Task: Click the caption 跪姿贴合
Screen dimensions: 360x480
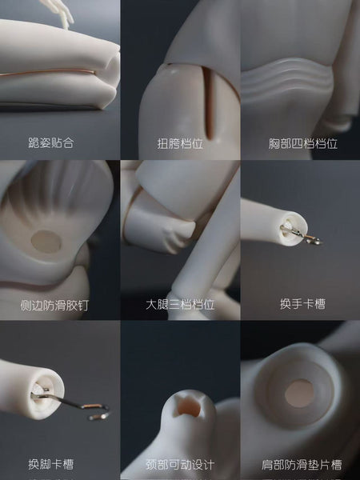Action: pos(51,142)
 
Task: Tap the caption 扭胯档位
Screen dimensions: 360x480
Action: pos(180,143)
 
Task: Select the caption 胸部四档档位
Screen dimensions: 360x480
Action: pos(303,143)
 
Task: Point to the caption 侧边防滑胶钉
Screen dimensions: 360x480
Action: pos(54,306)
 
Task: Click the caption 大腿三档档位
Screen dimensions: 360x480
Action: pos(180,305)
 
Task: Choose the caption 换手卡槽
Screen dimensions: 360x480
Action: pos(302,304)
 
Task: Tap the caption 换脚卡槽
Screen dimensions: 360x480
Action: pos(51,464)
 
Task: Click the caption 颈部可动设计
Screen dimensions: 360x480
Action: pos(180,465)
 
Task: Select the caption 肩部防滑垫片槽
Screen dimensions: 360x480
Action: pos(302,465)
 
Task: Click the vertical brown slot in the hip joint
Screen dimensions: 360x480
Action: pos(209,102)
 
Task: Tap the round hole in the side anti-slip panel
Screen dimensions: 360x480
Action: pos(46,242)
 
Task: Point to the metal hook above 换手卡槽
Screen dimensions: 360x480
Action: pos(301,234)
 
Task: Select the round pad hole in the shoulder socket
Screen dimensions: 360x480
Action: pos(299,394)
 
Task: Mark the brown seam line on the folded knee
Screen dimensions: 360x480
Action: pos(47,73)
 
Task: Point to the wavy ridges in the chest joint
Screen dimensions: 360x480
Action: pos(286,79)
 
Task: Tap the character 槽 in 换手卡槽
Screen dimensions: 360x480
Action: pos(319,304)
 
